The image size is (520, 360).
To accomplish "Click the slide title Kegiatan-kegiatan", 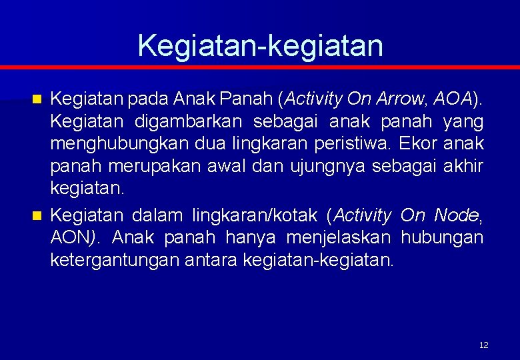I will point(260,46).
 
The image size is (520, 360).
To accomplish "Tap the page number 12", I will point(483,345).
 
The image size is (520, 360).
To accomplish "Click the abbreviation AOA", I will point(452,100).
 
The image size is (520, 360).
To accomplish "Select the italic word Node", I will point(456,215).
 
